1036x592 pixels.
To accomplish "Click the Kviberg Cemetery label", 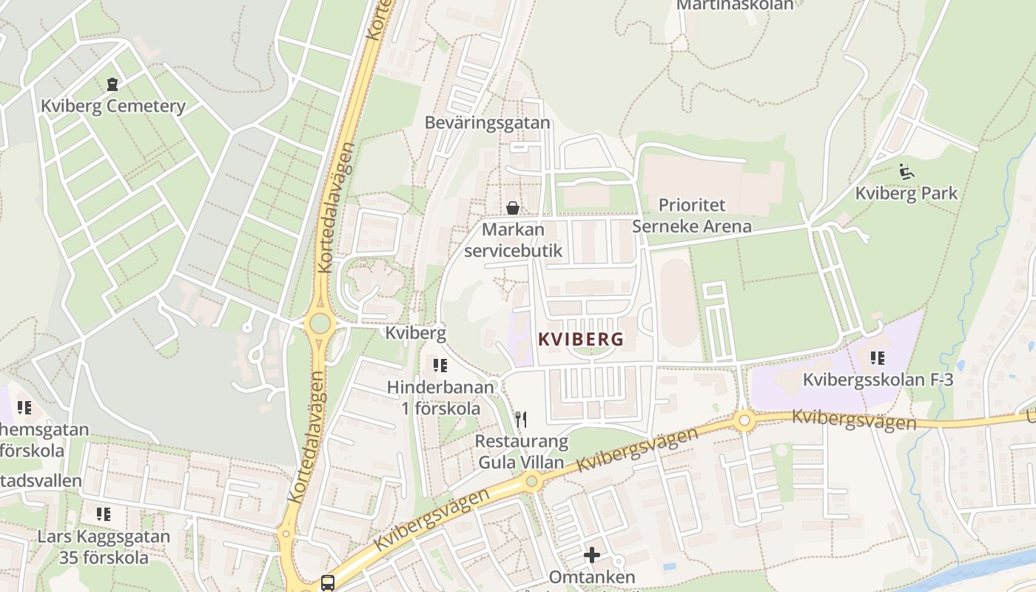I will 113,106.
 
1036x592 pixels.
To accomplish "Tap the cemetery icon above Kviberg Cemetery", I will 112,84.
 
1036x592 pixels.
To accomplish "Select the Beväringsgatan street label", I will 488,122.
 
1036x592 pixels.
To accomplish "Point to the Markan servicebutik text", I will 513,240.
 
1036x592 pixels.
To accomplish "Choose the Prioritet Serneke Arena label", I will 692,215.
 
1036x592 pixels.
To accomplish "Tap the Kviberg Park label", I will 906,193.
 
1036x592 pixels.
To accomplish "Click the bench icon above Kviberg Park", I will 906,172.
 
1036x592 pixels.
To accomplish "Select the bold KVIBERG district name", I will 581,340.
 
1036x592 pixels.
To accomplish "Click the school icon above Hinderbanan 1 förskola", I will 440,365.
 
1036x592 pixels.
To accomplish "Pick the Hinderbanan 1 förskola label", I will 441,397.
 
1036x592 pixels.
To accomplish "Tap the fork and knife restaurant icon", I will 522,420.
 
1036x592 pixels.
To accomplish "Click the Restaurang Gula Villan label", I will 522,452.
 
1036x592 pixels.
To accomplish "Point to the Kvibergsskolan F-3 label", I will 878,380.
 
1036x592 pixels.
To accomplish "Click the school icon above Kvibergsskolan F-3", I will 878,359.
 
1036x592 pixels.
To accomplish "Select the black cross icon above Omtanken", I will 592,554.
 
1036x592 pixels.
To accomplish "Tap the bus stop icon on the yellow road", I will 328,583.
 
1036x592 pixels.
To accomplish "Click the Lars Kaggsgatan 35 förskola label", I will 104,547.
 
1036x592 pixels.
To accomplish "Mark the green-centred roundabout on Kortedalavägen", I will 320,323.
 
